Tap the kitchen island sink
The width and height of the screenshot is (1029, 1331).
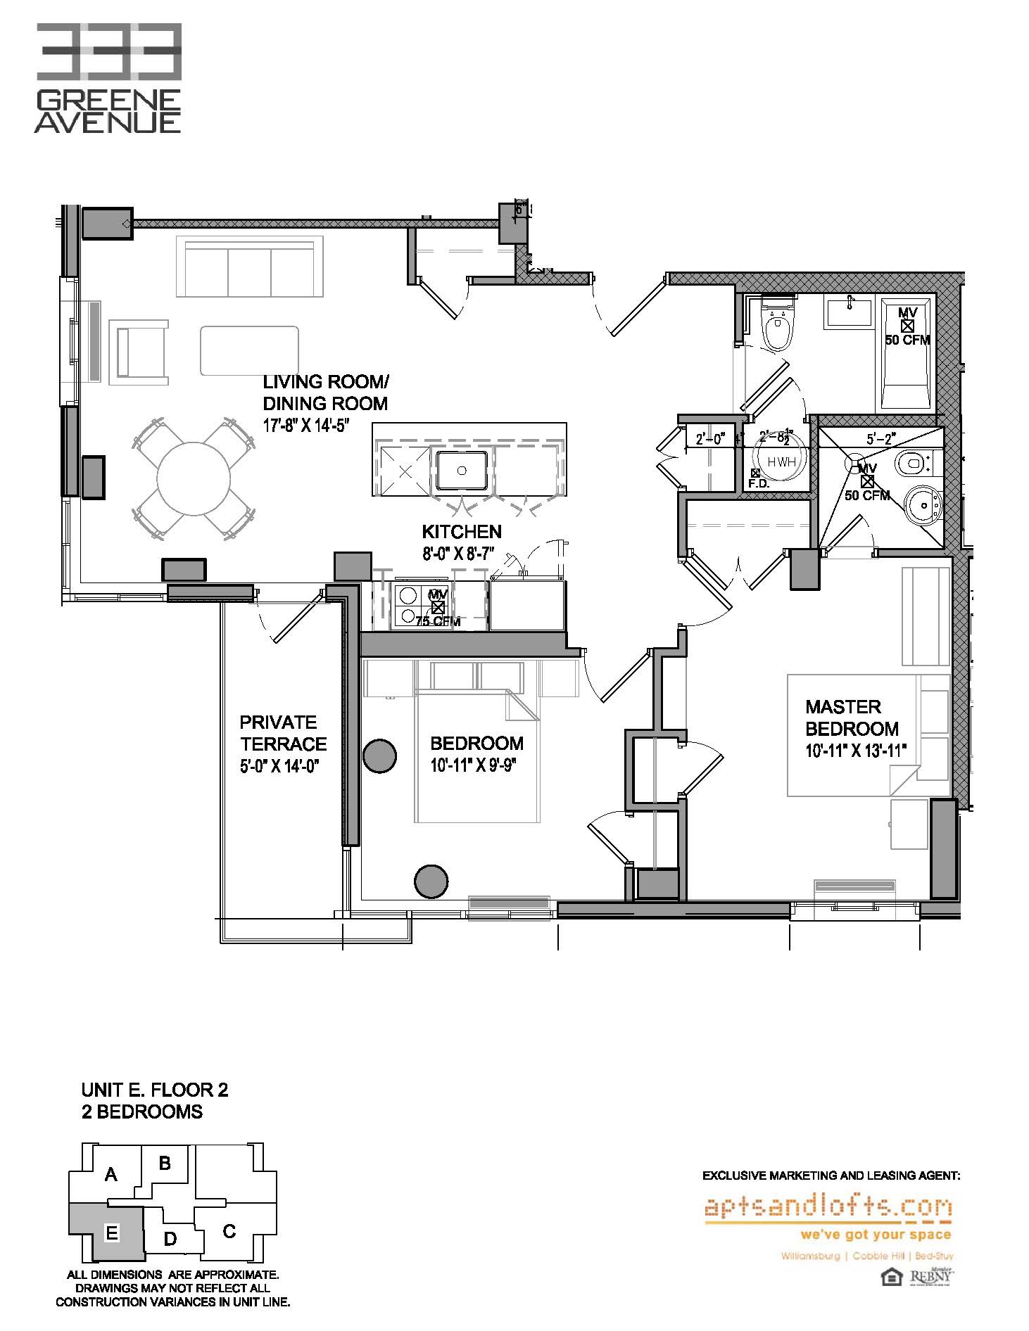click(x=462, y=470)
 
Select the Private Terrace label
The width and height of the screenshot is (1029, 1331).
click(x=283, y=733)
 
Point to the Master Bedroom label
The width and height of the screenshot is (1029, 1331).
click(x=852, y=718)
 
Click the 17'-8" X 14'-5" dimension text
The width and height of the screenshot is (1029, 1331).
click(x=306, y=426)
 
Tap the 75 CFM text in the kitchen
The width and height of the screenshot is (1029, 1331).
click(x=437, y=621)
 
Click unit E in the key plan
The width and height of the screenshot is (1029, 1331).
click(x=111, y=1233)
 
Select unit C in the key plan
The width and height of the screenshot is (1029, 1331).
click(x=229, y=1231)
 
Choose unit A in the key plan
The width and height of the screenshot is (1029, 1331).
click(x=111, y=1174)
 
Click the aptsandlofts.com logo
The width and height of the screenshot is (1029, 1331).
click(x=828, y=1209)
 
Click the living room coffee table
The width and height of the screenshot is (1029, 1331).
click(x=249, y=350)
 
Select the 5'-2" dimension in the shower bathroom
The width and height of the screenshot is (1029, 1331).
click(x=880, y=439)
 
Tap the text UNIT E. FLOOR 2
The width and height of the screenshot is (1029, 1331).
click(x=155, y=1090)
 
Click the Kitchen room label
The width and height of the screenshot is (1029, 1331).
click(x=462, y=532)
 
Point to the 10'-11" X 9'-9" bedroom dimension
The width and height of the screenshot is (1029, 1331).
click(x=476, y=765)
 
